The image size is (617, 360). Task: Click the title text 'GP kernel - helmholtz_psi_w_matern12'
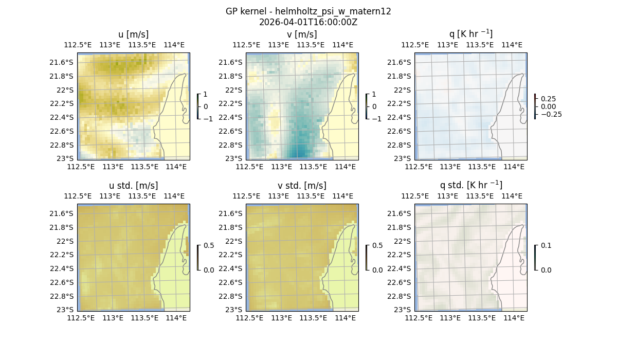(308, 11)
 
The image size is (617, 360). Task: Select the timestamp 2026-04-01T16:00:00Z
(308, 22)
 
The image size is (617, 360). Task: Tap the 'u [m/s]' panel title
(134, 34)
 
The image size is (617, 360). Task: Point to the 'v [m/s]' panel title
(302, 34)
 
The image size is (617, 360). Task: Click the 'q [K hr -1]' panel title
(470, 34)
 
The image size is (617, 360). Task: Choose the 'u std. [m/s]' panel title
(134, 186)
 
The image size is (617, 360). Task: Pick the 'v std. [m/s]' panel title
(302, 186)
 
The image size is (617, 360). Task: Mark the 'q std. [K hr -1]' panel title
(470, 185)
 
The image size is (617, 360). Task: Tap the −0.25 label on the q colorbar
(551, 114)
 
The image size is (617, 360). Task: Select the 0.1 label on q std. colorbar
(546, 245)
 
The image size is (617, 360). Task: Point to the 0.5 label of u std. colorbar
(208, 245)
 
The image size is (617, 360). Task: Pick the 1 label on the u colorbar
(206, 94)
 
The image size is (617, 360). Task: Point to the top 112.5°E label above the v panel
(246, 45)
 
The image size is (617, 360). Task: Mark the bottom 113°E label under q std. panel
(450, 318)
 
